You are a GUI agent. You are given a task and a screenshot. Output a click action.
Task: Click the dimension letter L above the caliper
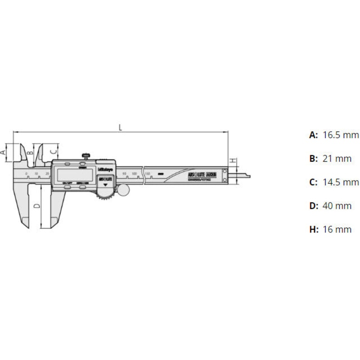point(120,127)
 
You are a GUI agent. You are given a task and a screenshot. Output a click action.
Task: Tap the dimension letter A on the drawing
point(4,152)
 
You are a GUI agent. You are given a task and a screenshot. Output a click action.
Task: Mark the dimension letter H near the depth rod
point(232,161)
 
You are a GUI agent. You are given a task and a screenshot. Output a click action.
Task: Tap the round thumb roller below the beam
point(123,190)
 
